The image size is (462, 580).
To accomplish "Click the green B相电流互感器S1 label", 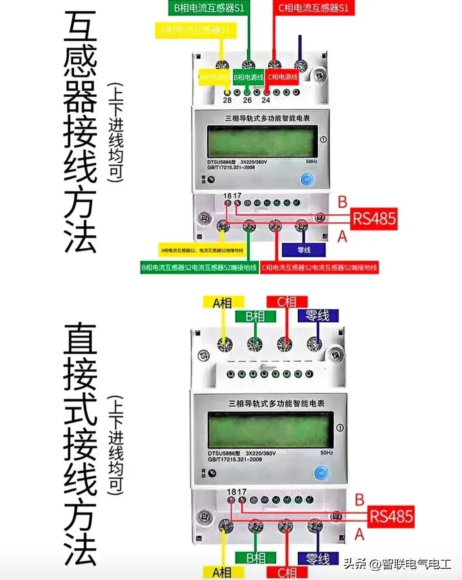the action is pyautogui.click(x=206, y=8).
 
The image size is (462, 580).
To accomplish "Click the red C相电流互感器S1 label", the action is pyautogui.click(x=313, y=8).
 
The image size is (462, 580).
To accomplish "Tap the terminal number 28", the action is pyautogui.click(x=227, y=100).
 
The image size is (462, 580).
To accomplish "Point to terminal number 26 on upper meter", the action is pyautogui.click(x=247, y=100).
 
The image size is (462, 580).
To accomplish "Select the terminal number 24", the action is pyautogui.click(x=266, y=100).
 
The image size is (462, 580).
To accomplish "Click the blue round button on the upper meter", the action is pyautogui.click(x=307, y=180).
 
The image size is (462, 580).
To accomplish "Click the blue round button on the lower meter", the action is pyautogui.click(x=321, y=473).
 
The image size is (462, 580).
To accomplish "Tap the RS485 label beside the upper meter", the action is pyautogui.click(x=374, y=219).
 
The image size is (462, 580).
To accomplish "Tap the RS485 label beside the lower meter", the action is pyautogui.click(x=391, y=516).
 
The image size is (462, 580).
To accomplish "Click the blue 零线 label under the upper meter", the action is pyautogui.click(x=304, y=250).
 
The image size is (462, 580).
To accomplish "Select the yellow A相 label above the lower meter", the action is pyautogui.click(x=223, y=303).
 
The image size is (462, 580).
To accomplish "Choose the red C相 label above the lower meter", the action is pyautogui.click(x=287, y=302).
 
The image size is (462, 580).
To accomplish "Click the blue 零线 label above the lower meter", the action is pyautogui.click(x=317, y=316).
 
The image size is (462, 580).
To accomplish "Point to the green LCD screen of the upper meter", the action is pyautogui.click(x=263, y=141).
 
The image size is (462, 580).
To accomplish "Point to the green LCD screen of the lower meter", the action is pyautogui.click(x=271, y=429).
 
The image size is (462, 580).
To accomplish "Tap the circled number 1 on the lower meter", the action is pyautogui.click(x=340, y=428).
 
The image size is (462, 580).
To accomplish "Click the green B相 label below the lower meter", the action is pyautogui.click(x=256, y=558).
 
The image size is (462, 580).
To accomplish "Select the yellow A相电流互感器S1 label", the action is pyautogui.click(x=195, y=30).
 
